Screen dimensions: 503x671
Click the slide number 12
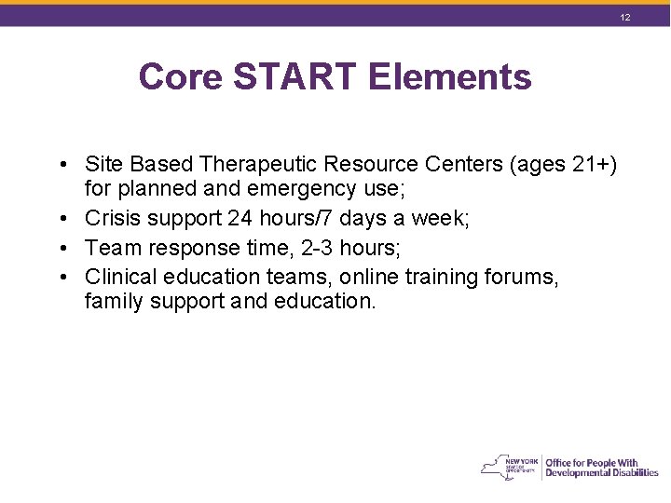coord(625,18)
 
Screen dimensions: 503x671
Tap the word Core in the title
coord(180,76)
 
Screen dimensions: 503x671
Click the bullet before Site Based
coord(59,165)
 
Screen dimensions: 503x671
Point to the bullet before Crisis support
coord(59,219)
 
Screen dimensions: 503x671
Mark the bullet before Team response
coord(59,248)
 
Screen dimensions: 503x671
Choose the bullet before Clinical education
coord(59,277)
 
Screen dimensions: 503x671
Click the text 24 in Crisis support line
coord(240,219)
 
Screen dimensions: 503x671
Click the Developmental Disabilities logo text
coord(601,472)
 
